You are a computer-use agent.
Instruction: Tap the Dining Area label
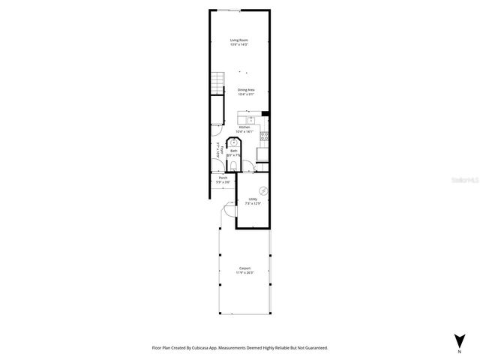[246, 90]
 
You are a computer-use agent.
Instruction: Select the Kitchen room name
[244, 127]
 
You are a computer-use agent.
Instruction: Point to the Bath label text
[233, 150]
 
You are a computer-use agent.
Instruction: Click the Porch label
[223, 178]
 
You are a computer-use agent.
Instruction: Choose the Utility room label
[253, 199]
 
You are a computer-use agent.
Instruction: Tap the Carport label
[245, 268]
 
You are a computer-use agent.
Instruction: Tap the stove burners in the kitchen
[265, 136]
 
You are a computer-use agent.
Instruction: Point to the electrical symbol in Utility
[263, 189]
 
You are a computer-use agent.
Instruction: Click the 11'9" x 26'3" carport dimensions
[245, 272]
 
